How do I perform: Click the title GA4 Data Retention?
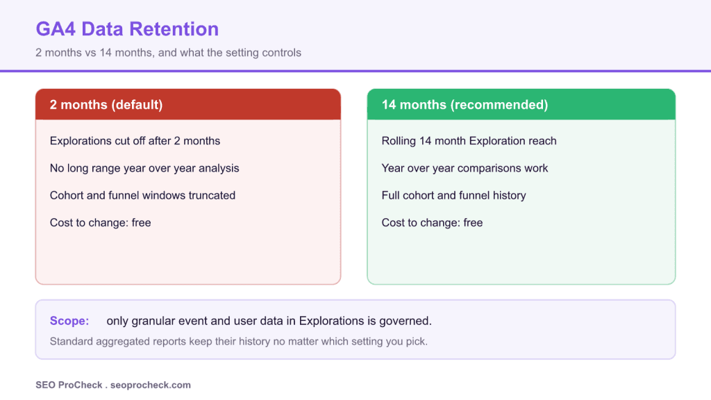click(x=127, y=29)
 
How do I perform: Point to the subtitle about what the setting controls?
click(x=168, y=53)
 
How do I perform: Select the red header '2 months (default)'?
click(x=106, y=105)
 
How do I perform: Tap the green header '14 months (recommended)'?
click(x=465, y=105)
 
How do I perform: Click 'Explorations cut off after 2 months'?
click(x=135, y=141)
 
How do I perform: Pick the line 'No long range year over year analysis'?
click(x=144, y=168)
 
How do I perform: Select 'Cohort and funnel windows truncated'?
click(x=142, y=195)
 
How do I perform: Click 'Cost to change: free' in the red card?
click(x=100, y=223)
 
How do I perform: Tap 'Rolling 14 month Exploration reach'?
click(x=469, y=141)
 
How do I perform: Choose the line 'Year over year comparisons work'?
click(x=465, y=168)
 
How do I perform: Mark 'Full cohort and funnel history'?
click(x=454, y=195)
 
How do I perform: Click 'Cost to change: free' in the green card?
click(x=432, y=223)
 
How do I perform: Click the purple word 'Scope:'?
click(x=69, y=321)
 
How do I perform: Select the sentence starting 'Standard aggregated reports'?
click(x=239, y=342)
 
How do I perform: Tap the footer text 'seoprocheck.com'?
click(x=151, y=385)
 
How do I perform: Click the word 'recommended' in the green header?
click(x=499, y=105)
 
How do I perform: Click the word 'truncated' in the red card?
click(x=212, y=195)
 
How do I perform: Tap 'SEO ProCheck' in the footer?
click(x=69, y=385)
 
